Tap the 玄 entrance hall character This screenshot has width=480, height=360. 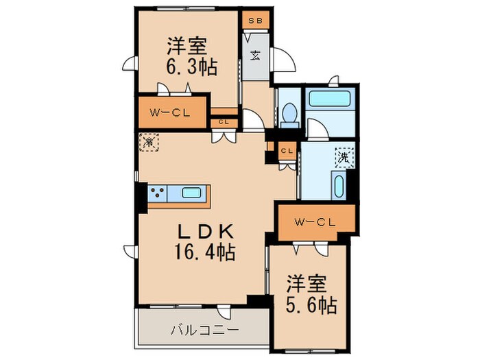point(254,56)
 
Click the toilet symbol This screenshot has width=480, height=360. point(289,114)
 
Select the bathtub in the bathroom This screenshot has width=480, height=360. point(329,98)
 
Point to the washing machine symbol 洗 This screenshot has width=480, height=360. point(343,156)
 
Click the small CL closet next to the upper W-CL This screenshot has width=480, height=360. point(224,121)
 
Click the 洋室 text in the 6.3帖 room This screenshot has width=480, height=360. point(187,46)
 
